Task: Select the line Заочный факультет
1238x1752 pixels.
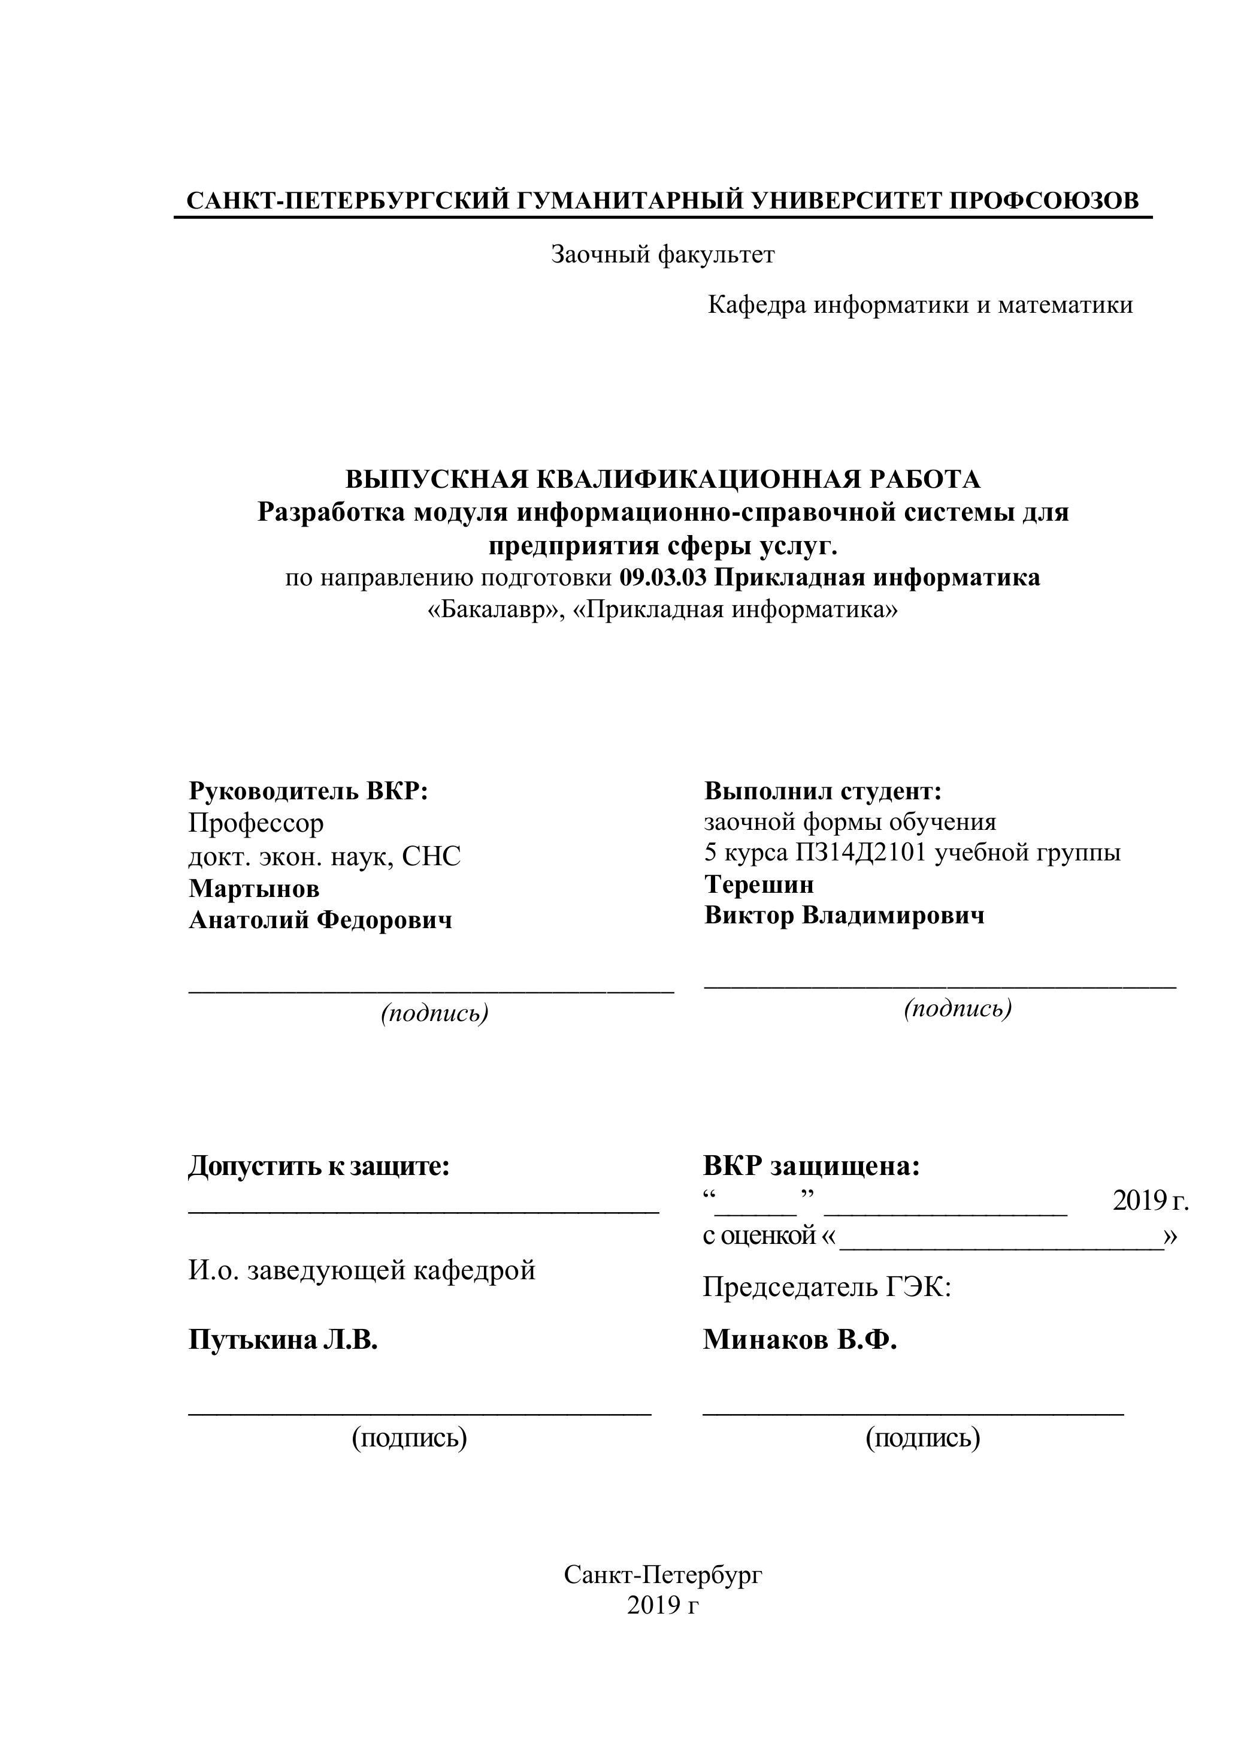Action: [x=663, y=254]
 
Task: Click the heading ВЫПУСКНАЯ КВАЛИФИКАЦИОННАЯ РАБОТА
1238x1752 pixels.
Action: [x=663, y=479]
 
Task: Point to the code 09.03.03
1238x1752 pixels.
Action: [x=663, y=578]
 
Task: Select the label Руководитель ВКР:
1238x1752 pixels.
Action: [x=308, y=792]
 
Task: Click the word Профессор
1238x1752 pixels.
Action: [x=256, y=823]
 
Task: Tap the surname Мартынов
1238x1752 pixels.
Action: [x=254, y=888]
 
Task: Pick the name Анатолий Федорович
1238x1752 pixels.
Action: [x=320, y=920]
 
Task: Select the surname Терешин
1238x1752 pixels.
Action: [x=759, y=884]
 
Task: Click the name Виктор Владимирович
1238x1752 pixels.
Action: [x=844, y=916]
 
